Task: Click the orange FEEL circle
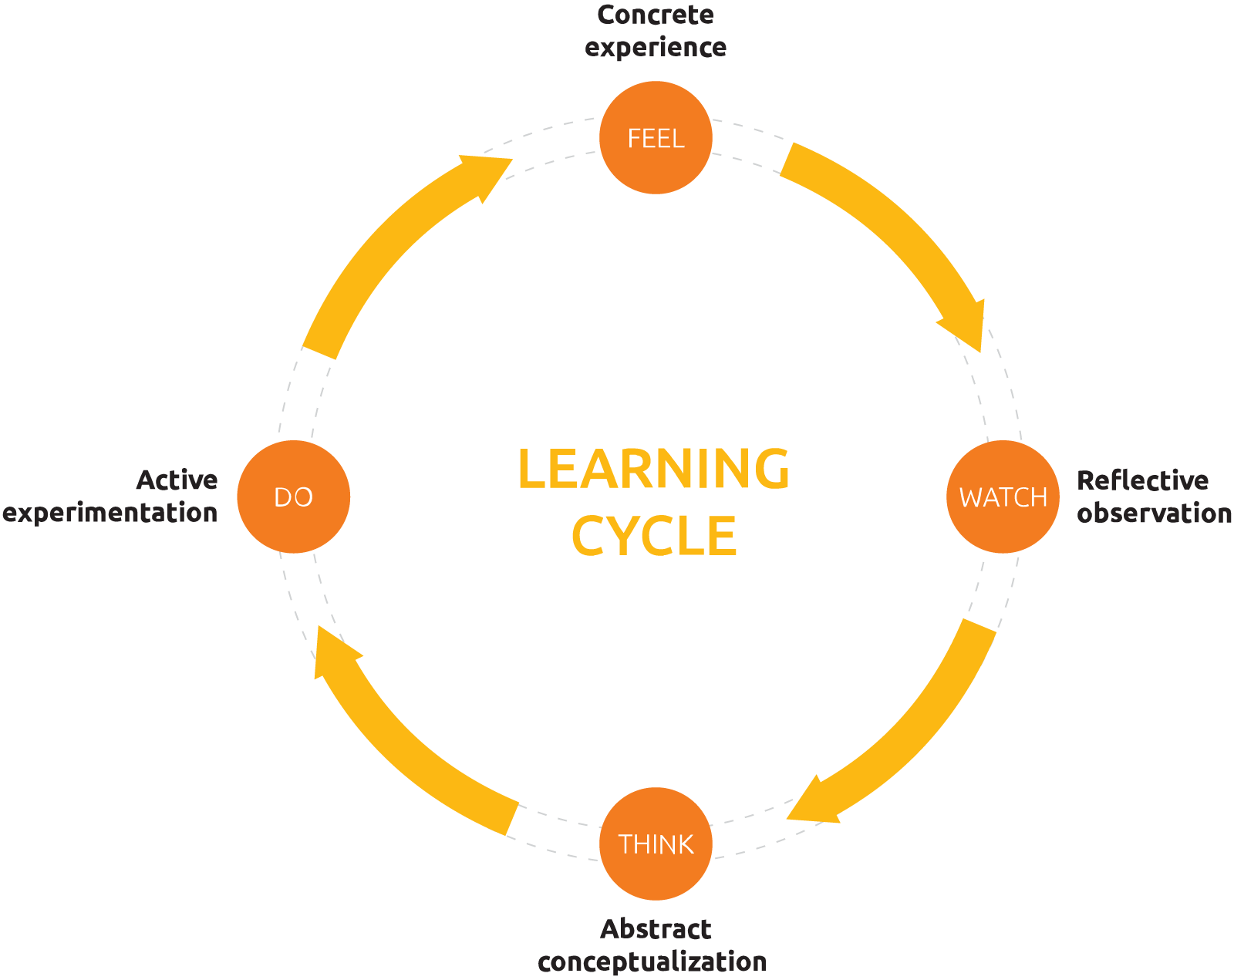tap(656, 137)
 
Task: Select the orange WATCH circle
tap(1003, 497)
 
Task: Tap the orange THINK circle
tap(656, 844)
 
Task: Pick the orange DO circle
tap(293, 497)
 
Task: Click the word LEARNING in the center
tap(653, 469)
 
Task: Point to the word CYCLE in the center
tap(654, 536)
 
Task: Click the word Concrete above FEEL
tap(656, 15)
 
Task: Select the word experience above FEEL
tap(656, 48)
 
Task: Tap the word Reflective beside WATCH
tap(1142, 480)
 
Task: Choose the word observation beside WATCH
tap(1154, 514)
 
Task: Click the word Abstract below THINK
tap(656, 929)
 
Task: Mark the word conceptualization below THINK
tap(652, 962)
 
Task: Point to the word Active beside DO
tap(177, 480)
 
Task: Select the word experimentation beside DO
tap(110, 514)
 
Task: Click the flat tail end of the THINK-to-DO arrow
tap(511, 818)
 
